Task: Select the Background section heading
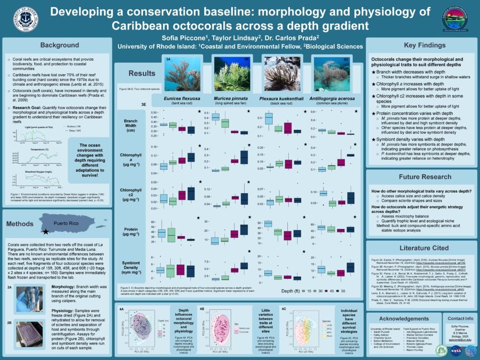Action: click(x=59, y=45)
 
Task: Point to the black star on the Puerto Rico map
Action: click(x=45, y=232)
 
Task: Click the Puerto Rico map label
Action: click(x=66, y=224)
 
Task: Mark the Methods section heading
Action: click(x=20, y=224)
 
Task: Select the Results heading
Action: click(x=142, y=73)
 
